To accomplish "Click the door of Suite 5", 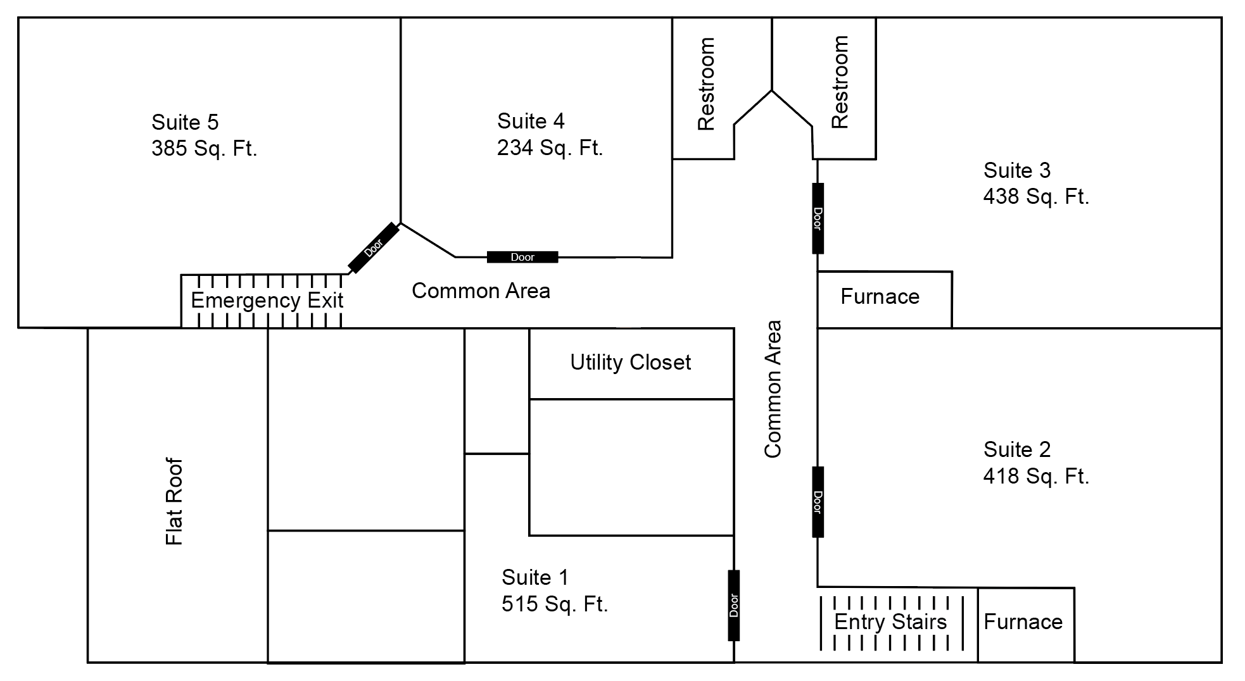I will point(374,248).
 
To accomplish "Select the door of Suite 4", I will point(522,257).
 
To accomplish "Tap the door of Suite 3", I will point(818,218).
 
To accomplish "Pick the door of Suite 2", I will point(818,502).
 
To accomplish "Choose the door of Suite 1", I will point(734,605).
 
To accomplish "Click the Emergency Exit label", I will point(267,300).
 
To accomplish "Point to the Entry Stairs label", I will point(890,622).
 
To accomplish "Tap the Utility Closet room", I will point(631,363).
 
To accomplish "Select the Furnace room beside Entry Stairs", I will point(1023,622).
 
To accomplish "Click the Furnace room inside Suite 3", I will point(880,297).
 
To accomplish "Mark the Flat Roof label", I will point(174,501).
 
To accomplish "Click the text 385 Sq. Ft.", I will point(205,149).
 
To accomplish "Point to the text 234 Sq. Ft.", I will point(550,148).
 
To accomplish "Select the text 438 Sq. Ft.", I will point(1036,197).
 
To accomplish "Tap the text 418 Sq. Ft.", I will point(1036,476).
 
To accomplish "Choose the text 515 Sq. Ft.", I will point(555,604).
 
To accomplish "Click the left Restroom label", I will point(706,84).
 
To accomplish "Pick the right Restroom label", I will point(840,82).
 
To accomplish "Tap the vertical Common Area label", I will point(773,389).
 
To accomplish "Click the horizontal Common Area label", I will point(481,291).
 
